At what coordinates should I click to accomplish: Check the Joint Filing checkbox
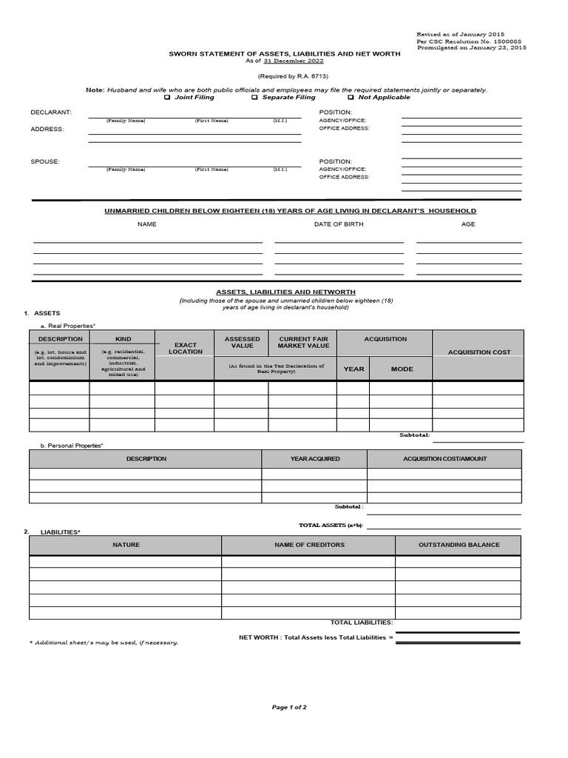pos(167,97)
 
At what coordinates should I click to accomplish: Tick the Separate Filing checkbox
pos(254,97)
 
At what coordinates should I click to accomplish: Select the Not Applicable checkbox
pos(351,97)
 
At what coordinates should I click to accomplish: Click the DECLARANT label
pos(51,112)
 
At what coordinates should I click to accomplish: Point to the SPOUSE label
pos(45,161)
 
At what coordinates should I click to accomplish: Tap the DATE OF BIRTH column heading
pos(339,224)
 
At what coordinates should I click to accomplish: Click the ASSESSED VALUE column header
pos(242,342)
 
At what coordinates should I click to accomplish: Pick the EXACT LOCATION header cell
pos(185,348)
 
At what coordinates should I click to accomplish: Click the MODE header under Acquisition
pos(402,369)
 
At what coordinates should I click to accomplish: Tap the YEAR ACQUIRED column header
pos(315,459)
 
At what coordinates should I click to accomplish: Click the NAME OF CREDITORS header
pos(309,545)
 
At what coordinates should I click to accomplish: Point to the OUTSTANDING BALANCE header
pos(459,545)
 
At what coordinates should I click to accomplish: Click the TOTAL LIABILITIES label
pos(362,623)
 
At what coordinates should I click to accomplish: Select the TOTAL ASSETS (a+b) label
pos(331,525)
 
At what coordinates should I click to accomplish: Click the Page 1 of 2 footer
pos(289,707)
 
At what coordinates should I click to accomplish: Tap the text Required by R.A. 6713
pos(293,76)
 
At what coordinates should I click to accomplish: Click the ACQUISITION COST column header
pos(479,352)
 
